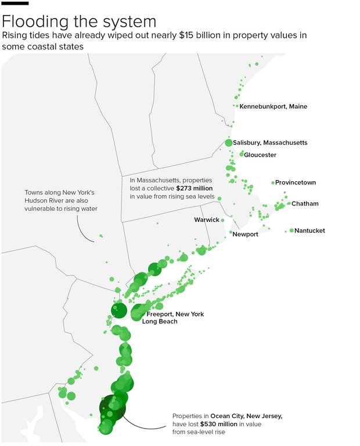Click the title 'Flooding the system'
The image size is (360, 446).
(79, 21)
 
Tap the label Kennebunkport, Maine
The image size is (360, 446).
(273, 106)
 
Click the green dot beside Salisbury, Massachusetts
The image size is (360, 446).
(229, 143)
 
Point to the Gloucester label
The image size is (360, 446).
(260, 155)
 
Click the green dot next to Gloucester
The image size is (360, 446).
(242, 154)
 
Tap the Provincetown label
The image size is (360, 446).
(296, 182)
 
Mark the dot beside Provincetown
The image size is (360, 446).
(273, 183)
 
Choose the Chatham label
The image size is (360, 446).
(305, 204)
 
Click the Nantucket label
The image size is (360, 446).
(309, 231)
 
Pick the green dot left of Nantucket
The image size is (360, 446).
(291, 231)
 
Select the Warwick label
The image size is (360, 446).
(207, 220)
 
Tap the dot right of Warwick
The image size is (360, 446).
(222, 220)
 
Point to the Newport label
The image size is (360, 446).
(246, 234)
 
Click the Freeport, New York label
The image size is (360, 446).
(175, 314)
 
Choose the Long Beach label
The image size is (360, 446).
(160, 321)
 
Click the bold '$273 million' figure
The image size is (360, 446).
(195, 189)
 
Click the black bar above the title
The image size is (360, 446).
(16, 5)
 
